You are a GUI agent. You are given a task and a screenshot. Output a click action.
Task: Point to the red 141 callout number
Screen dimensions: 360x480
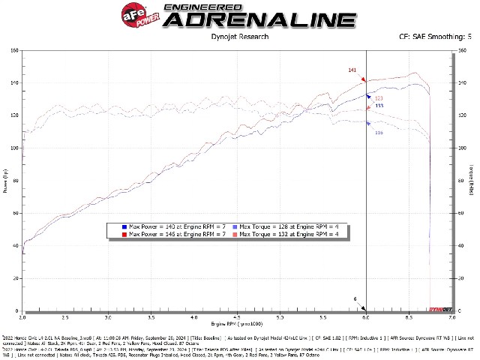(352, 70)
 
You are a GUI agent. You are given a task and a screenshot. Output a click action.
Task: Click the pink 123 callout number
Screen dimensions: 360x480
(379, 98)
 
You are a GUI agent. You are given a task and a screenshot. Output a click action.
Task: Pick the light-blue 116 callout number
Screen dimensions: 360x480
(379, 133)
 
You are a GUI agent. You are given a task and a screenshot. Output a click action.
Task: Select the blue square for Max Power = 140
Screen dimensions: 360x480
(124, 226)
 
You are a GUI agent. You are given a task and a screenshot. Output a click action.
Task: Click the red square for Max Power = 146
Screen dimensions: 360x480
(124, 235)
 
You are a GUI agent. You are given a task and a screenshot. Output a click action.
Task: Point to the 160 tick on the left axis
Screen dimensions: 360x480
(15, 51)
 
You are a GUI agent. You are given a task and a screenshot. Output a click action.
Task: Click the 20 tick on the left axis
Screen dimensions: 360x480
(16, 279)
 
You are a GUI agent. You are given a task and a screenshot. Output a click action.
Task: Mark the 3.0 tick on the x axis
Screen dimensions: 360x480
(108, 318)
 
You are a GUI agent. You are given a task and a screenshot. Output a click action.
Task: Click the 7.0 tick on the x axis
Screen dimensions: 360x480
(451, 318)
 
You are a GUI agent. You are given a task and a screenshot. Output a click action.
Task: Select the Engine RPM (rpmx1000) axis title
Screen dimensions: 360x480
(237, 325)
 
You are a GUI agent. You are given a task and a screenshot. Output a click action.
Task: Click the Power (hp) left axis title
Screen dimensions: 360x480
(5, 181)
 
